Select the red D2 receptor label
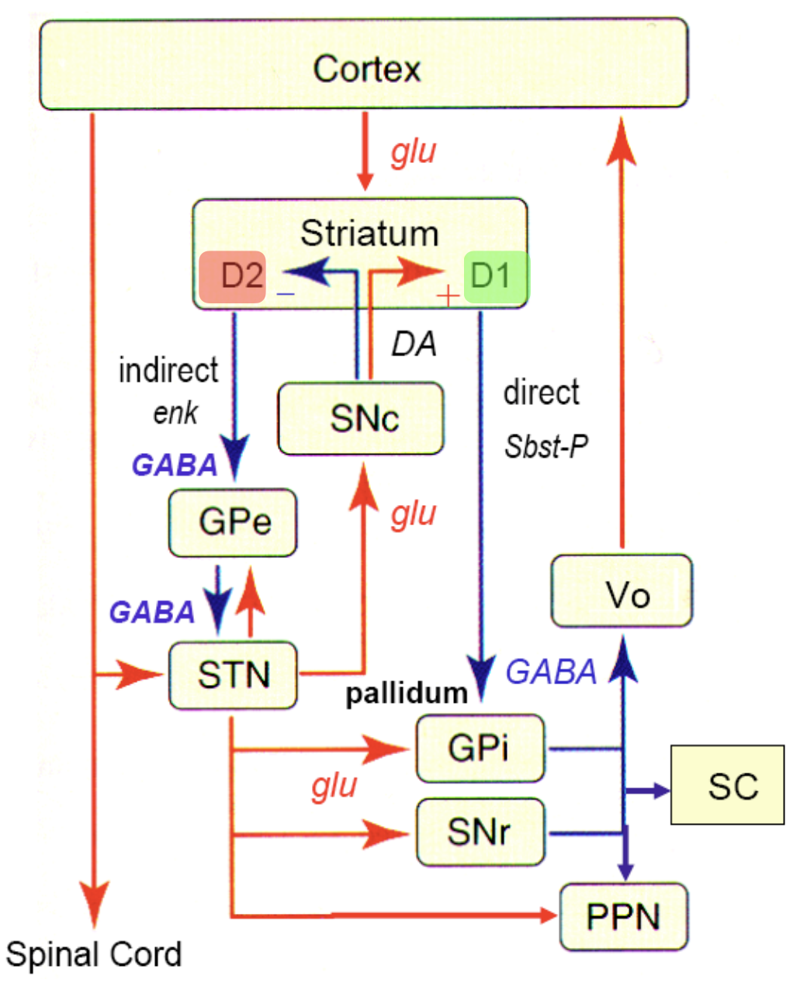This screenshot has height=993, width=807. click(233, 275)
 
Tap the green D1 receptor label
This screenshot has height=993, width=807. click(495, 276)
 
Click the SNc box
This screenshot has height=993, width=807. click(361, 418)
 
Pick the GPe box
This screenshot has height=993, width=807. click(233, 522)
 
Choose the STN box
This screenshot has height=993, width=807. click(233, 674)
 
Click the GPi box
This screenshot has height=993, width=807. click(480, 748)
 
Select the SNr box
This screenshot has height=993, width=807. click(480, 832)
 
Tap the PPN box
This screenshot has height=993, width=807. click(623, 916)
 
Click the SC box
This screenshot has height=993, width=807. click(727, 785)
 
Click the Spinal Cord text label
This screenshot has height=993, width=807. click(94, 955)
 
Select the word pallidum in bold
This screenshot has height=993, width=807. click(407, 693)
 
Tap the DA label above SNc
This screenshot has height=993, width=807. click(414, 344)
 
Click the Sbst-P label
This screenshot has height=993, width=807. click(546, 447)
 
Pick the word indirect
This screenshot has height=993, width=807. click(168, 370)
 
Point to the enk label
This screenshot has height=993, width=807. click(175, 412)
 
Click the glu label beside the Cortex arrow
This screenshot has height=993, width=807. click(414, 152)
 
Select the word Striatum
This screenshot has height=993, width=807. click(369, 234)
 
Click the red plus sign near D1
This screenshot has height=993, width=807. click(448, 296)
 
